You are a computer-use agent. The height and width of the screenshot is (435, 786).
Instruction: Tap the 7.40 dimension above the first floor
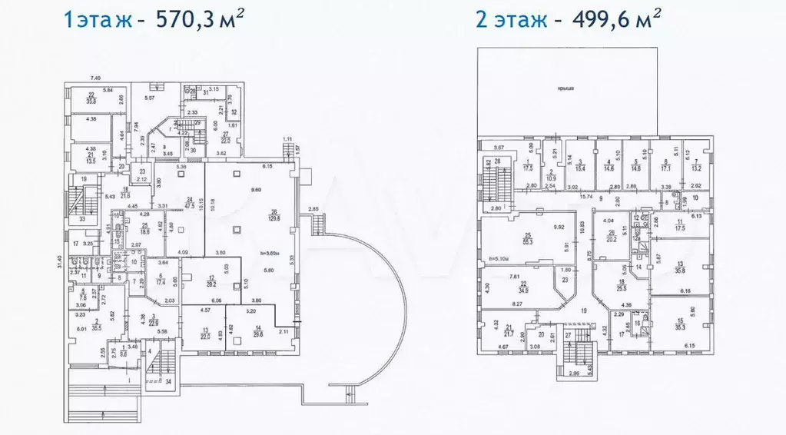(x=96, y=78)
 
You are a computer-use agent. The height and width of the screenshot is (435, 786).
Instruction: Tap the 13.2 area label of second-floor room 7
(x=696, y=168)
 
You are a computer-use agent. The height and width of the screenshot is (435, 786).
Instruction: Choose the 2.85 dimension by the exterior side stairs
(x=313, y=209)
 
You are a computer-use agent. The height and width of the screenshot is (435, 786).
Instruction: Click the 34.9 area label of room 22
(x=523, y=291)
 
